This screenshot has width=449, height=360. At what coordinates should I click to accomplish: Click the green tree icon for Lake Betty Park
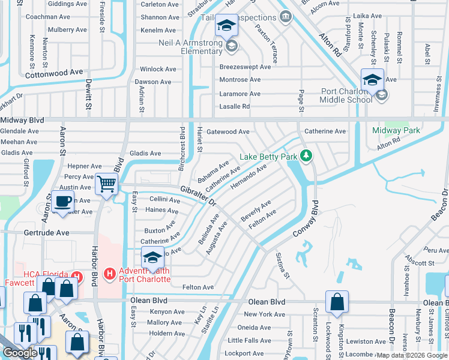click(x=306, y=157)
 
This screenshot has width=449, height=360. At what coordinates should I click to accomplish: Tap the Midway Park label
click(x=396, y=130)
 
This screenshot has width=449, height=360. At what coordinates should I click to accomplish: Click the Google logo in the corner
click(x=20, y=353)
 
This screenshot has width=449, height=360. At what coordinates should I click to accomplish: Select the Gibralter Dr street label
click(x=198, y=194)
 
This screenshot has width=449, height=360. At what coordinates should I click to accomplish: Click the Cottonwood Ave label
click(x=54, y=72)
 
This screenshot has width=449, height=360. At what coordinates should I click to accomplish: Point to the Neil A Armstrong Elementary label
click(x=190, y=47)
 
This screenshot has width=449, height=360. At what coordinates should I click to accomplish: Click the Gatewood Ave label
click(x=228, y=131)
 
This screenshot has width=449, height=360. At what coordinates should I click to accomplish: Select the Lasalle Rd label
click(x=234, y=106)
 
